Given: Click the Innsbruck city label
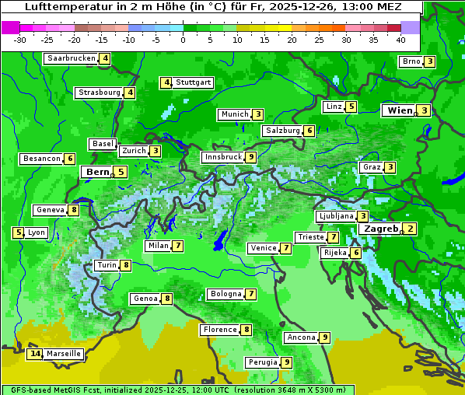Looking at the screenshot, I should (222, 157).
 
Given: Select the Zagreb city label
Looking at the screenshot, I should (381, 229).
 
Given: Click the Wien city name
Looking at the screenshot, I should (400, 110).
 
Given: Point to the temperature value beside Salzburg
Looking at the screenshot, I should (309, 131).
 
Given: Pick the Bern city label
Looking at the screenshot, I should (98, 172).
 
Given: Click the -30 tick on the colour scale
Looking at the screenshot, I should (20, 40).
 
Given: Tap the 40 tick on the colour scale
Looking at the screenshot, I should (400, 40).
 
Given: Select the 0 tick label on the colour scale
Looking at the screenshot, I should (183, 40).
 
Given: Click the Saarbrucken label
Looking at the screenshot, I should (72, 58).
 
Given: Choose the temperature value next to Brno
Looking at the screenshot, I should (429, 61).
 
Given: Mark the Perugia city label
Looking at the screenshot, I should (262, 362).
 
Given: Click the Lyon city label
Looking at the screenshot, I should (37, 232).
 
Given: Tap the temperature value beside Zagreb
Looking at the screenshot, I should (410, 229).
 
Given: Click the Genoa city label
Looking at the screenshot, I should (145, 299).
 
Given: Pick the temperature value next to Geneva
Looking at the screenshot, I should (74, 210).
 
